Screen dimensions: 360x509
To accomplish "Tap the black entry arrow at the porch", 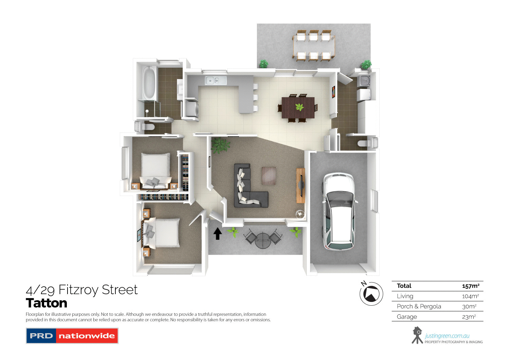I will pos(218,234).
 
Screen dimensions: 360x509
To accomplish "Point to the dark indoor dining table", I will pos(298,108).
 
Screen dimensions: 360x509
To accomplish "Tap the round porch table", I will pos(262,240).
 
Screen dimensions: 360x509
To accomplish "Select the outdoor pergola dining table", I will pos(314,46).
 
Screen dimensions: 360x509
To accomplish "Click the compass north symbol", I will pos(371,294).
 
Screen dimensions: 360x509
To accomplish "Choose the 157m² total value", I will pos(470,286).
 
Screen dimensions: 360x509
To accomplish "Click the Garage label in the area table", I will pos(407,317).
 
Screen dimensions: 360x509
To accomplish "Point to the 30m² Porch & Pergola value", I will pos(469,306).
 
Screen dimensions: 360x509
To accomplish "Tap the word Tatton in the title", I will pos(46,303).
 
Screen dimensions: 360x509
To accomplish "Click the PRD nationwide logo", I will pos(72,336).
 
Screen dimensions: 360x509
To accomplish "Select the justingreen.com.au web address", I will pos(447,336).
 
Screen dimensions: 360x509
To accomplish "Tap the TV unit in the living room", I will pos(300,185).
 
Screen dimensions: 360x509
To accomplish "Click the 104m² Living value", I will pos(470,296).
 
